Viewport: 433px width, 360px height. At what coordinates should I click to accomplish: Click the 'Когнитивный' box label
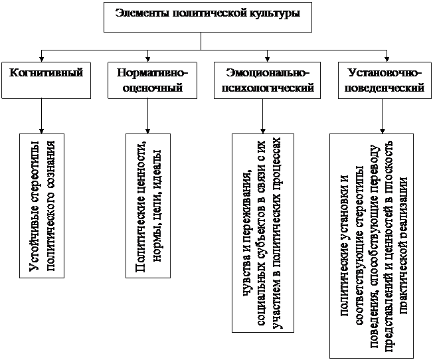coord(46,72)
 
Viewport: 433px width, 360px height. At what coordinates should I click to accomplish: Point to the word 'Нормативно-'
coord(152,73)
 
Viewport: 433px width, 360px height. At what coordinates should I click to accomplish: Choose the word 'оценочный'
coord(152,88)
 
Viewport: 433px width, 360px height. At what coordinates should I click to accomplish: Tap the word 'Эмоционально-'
coord(267,73)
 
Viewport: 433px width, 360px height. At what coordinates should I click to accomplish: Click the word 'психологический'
coord(268,88)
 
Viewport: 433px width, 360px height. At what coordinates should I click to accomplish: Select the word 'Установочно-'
coord(385,73)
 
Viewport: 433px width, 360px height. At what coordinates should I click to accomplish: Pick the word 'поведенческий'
coord(385,88)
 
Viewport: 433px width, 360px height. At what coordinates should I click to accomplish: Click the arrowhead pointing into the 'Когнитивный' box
coord(41,59)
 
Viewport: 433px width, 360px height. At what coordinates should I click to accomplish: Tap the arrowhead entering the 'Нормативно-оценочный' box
coord(147,59)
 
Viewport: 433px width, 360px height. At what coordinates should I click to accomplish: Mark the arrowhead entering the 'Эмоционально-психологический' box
coord(267,59)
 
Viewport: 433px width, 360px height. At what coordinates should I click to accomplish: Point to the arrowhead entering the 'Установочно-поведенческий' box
coord(387,59)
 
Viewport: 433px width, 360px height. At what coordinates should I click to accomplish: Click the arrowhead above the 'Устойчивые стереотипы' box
coord(41,131)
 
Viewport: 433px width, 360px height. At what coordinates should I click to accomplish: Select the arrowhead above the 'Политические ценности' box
coord(147,131)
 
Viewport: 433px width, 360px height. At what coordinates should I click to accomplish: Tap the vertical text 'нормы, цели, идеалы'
coord(157,206)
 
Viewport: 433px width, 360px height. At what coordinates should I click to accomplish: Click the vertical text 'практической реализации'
coord(403,245)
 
